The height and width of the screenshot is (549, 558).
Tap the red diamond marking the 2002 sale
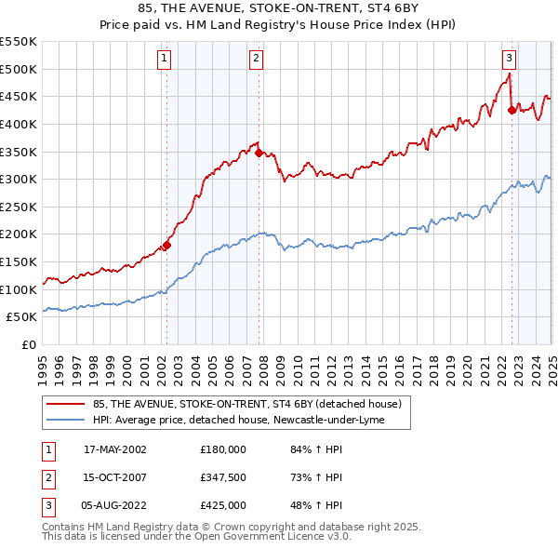pyautogui.click(x=167, y=246)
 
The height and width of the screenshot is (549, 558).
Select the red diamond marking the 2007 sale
pyautogui.click(x=259, y=154)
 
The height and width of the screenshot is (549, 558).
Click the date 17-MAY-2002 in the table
pyautogui.click(x=115, y=450)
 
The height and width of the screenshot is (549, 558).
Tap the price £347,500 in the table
pyautogui.click(x=223, y=477)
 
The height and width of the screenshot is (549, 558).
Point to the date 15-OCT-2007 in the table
pyautogui.click(x=115, y=477)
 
